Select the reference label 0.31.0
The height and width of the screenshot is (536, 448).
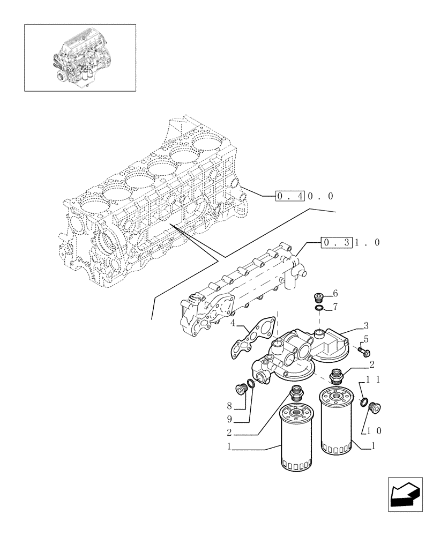[351, 243]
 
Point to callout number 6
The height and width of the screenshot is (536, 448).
[335, 293]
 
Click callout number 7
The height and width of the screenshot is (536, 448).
[335, 307]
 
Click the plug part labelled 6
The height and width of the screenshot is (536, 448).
[318, 296]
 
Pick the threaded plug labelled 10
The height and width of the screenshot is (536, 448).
[375, 409]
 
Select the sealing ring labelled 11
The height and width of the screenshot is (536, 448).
[364, 402]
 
